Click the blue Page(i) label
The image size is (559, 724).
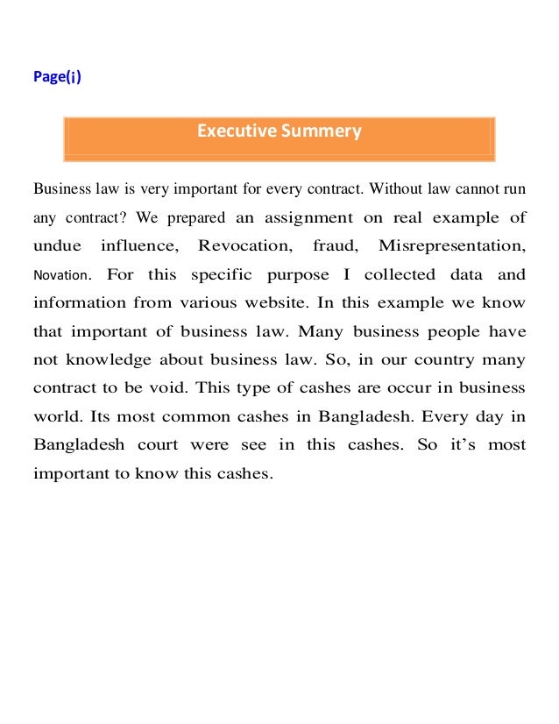pyautogui.click(x=57, y=76)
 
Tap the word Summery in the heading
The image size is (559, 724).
pyautogui.click(x=321, y=132)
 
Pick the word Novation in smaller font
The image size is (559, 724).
pyautogui.click(x=60, y=275)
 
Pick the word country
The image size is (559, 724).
pyautogui.click(x=456, y=359)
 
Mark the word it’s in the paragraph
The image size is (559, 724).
pyautogui.click(x=462, y=444)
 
